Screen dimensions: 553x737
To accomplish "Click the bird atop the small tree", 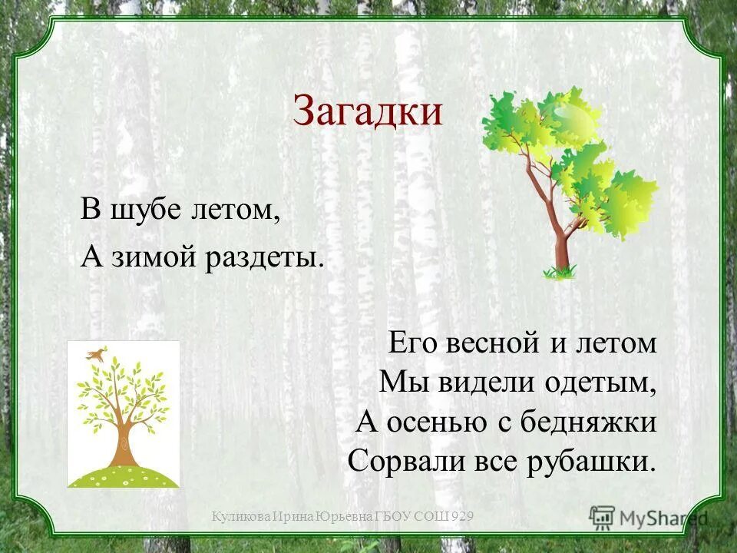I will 97,353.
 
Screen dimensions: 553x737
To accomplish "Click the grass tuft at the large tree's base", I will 560,270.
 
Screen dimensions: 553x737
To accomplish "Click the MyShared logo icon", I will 603,518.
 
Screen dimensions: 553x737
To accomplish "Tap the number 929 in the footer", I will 461,518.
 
